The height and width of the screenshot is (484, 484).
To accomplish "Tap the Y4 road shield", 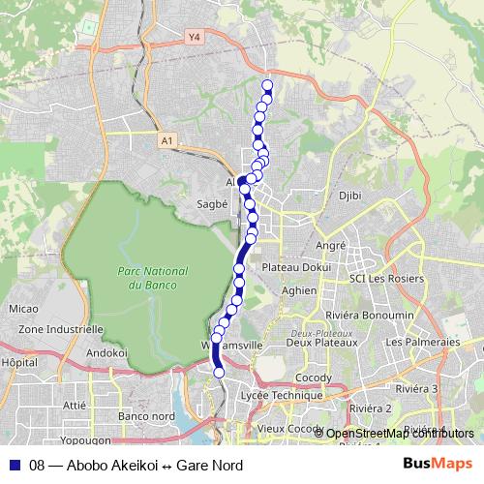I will click(x=195, y=37).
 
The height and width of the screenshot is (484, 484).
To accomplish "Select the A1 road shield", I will click(x=167, y=141).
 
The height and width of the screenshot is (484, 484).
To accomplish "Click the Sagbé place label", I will click(x=211, y=204).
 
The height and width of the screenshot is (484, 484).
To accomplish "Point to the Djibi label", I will click(x=349, y=196).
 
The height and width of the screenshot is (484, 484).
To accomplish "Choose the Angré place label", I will click(x=330, y=246).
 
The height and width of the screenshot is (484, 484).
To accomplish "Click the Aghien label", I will click(x=299, y=290).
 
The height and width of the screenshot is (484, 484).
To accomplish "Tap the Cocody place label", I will click(x=315, y=377).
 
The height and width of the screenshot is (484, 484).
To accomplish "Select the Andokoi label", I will click(x=107, y=353).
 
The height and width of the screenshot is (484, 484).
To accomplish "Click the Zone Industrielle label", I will click(x=61, y=329).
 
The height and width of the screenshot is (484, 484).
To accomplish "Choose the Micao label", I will click(x=22, y=309).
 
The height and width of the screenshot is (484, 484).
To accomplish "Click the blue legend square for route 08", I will click(x=14, y=465).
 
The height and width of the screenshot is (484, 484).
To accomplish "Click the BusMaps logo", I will click(x=439, y=464).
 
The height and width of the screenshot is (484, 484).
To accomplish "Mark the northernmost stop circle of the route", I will click(x=267, y=86).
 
